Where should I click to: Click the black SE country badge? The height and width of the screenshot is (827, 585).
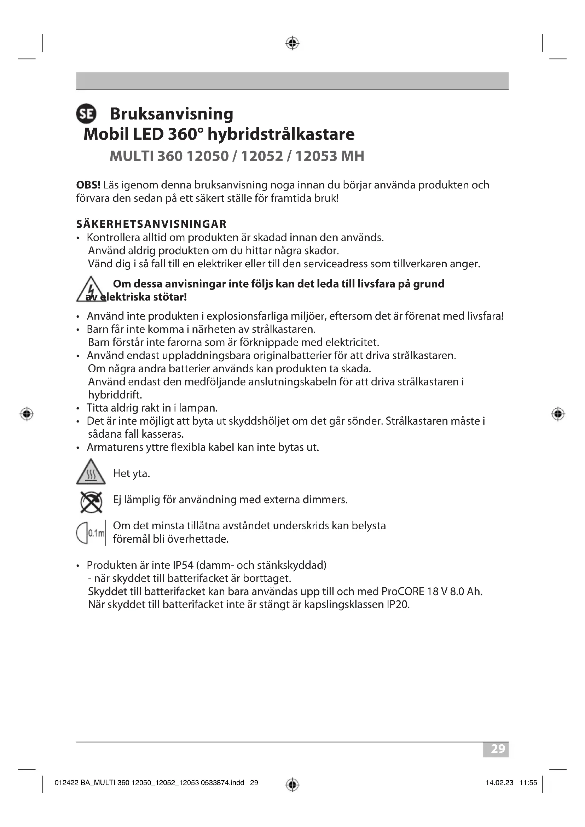tap(86, 114)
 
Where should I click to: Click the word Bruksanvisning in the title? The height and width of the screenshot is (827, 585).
tap(172, 114)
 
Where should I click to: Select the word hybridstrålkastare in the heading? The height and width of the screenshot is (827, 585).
tap(281, 134)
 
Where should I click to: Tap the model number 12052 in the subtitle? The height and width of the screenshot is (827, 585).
tap(262, 156)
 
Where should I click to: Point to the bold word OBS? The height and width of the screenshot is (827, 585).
tap(88, 185)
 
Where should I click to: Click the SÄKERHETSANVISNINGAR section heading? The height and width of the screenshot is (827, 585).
tap(151, 224)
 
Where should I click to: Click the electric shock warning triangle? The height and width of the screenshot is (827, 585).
tap(91, 290)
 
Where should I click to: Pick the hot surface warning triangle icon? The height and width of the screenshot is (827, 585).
tap(91, 472)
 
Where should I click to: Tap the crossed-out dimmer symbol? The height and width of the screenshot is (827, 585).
tap(91, 502)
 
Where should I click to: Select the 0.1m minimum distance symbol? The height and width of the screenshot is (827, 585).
tap(91, 533)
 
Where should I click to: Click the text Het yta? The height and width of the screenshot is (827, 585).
tap(131, 473)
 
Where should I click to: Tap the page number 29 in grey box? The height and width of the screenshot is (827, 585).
tap(498, 749)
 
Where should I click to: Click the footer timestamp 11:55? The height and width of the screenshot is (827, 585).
tap(528, 782)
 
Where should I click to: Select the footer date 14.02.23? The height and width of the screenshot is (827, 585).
tap(499, 782)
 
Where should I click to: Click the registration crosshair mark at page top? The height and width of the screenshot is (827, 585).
tap(292, 43)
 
